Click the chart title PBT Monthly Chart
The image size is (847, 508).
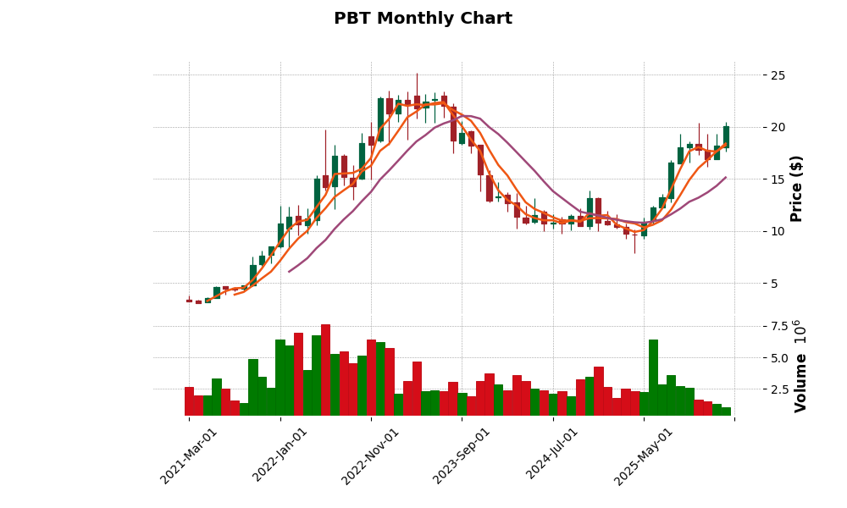click(x=423, y=19)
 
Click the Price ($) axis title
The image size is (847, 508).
click(x=797, y=188)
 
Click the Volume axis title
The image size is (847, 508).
click(x=800, y=381)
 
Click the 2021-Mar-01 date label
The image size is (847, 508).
click(x=189, y=456)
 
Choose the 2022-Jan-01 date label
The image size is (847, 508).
click(x=280, y=456)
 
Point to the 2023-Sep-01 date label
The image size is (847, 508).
click(x=462, y=456)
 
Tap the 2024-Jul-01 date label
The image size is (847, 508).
click(x=552, y=456)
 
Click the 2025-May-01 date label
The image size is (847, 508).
click(x=644, y=456)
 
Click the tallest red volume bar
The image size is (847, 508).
click(x=325, y=370)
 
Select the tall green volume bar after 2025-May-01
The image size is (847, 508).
click(x=653, y=378)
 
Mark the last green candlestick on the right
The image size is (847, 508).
click(x=726, y=137)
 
